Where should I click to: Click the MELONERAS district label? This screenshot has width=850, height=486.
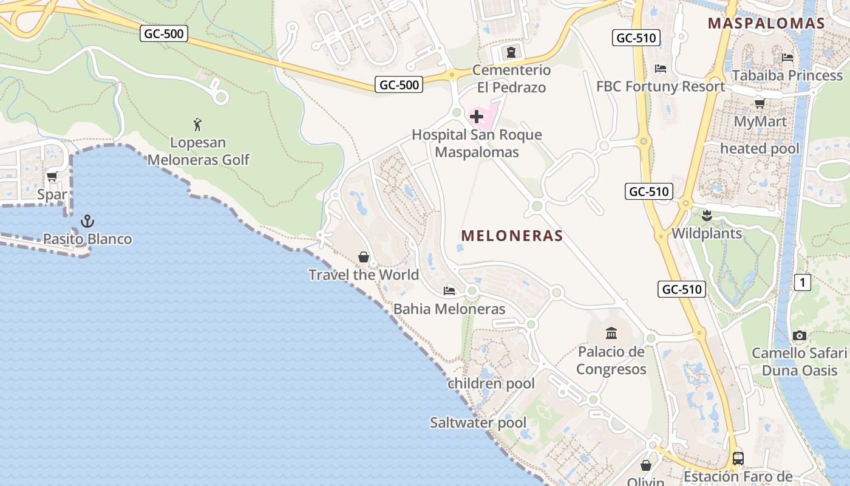click(512, 236)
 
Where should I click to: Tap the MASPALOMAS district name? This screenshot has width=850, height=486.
click(766, 24)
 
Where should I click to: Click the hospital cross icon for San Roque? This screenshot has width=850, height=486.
click(477, 116)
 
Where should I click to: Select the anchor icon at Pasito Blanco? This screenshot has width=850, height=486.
click(87, 221)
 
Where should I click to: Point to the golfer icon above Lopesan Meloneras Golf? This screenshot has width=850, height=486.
click(197, 125)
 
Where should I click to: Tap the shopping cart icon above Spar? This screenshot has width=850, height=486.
click(52, 177)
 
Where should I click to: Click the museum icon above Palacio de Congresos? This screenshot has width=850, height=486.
click(611, 333)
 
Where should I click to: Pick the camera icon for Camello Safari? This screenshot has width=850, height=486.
click(799, 335)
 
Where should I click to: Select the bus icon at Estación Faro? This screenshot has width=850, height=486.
click(738, 459)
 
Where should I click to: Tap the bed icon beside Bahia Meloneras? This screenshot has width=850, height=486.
click(449, 290)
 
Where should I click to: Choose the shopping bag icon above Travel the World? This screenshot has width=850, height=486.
click(363, 257)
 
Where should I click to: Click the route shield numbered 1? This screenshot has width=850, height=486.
click(802, 282)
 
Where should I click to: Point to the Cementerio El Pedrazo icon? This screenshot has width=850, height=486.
click(511, 52)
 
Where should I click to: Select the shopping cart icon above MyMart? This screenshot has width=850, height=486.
click(759, 103)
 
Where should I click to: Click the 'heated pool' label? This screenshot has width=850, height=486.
click(760, 148)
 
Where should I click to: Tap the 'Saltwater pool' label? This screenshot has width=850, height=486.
click(478, 423)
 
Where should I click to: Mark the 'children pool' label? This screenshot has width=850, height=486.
click(491, 383)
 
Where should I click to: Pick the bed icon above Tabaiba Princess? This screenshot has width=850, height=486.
click(787, 58)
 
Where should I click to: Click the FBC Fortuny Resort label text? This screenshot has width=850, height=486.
click(660, 86)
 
